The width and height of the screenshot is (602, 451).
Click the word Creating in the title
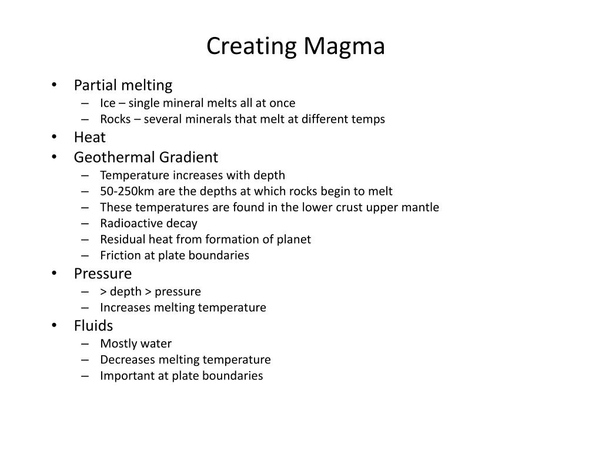252,47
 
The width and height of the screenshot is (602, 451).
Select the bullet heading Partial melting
123,85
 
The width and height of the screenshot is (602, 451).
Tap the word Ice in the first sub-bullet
108,103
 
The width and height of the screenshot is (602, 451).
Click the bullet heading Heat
89,137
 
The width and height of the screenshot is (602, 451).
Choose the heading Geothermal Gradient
146,157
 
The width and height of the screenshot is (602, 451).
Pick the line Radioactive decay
149,223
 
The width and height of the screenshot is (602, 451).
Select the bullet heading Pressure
103,274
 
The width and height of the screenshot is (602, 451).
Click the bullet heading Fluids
93,325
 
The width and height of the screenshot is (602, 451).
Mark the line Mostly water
136,344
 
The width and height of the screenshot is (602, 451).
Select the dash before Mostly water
86,344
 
